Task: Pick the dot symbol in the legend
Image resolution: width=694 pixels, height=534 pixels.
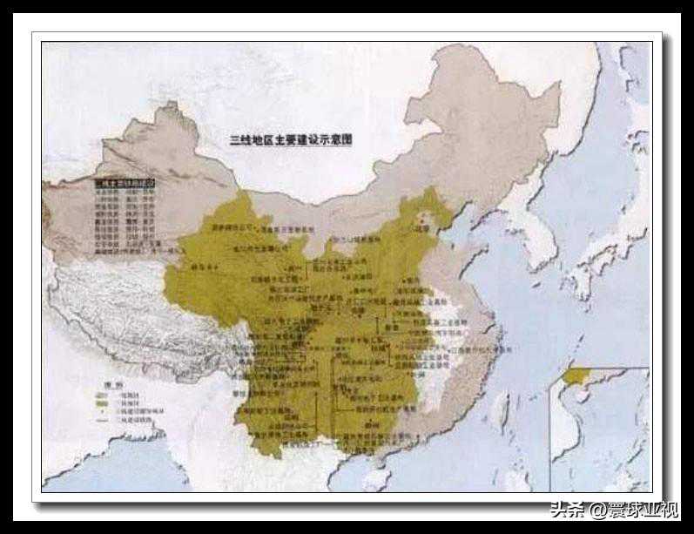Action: pos(101,411)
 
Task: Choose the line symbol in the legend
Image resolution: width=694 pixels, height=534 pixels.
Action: pos(101,420)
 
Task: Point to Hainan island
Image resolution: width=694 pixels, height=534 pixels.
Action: pos(377,478)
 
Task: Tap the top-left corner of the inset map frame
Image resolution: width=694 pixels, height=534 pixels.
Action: pos(550,368)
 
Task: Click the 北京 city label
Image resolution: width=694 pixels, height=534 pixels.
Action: pos(424,229)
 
